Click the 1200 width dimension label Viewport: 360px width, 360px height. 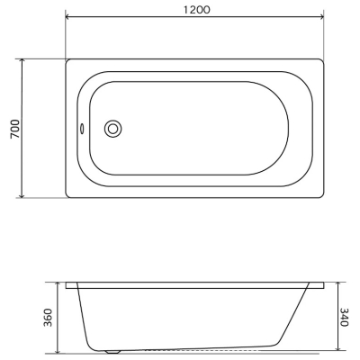click(x=196, y=10)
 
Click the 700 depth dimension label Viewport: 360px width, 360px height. click(x=15, y=129)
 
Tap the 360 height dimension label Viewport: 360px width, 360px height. click(x=48, y=318)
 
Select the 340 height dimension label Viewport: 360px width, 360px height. click(x=344, y=317)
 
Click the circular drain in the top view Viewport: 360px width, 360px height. click(x=112, y=129)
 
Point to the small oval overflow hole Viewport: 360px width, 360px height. click(x=81, y=129)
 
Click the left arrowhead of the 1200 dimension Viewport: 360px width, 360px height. click(x=68, y=17)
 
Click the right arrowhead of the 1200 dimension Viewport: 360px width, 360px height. click(x=321, y=17)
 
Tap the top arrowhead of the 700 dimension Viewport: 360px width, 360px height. click(x=22, y=62)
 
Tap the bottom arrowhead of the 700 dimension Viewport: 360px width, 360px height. click(x=22, y=195)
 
